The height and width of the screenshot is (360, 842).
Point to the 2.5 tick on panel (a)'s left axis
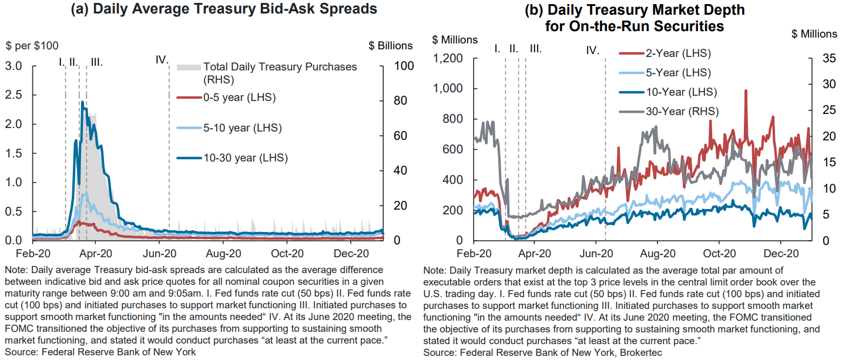click(15, 95)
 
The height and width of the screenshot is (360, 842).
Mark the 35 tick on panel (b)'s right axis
click(822, 58)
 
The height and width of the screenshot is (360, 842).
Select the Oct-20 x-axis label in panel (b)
click(719, 254)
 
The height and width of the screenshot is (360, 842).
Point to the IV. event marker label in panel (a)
click(162, 60)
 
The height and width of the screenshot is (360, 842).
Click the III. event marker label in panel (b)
click(535, 49)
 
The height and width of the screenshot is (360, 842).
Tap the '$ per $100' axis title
click(32, 46)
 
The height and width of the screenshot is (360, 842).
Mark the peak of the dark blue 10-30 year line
click(82, 102)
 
